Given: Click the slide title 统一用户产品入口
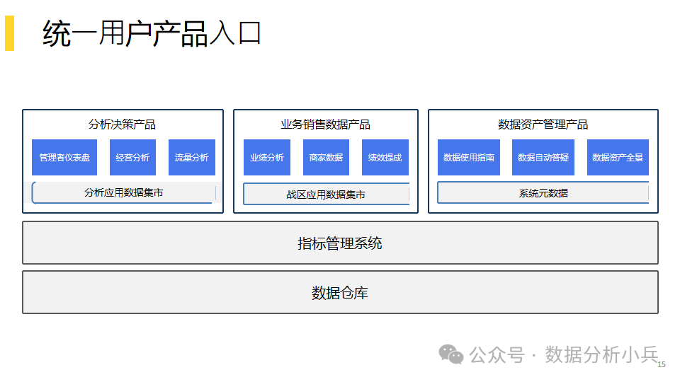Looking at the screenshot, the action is [x=152, y=33].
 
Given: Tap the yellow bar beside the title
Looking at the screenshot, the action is [x=9, y=33].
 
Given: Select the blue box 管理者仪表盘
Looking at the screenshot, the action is [x=64, y=157].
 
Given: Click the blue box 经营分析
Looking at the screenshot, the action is [x=132, y=157].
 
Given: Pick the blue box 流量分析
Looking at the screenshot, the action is [x=192, y=157].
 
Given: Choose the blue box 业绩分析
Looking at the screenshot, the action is [x=267, y=157].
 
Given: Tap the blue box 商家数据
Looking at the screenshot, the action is [x=326, y=157].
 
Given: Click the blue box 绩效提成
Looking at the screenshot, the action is [x=385, y=157].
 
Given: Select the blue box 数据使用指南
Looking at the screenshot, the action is [x=469, y=157].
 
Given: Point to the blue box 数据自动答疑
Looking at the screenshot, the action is [x=543, y=157].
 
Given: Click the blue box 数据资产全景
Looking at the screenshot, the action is [x=618, y=157].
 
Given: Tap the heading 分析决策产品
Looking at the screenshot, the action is [x=122, y=125].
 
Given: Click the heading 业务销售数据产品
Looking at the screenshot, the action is [x=325, y=125].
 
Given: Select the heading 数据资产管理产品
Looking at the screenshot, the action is [x=543, y=125].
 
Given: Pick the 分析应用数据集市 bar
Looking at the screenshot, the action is [x=124, y=192].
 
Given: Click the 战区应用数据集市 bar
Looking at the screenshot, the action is [x=326, y=194].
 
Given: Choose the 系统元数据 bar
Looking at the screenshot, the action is [x=543, y=192].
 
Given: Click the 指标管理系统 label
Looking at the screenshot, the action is [x=340, y=243].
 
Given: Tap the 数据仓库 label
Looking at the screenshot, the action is [x=340, y=293].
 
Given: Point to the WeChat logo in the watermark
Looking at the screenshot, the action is [x=451, y=354].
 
